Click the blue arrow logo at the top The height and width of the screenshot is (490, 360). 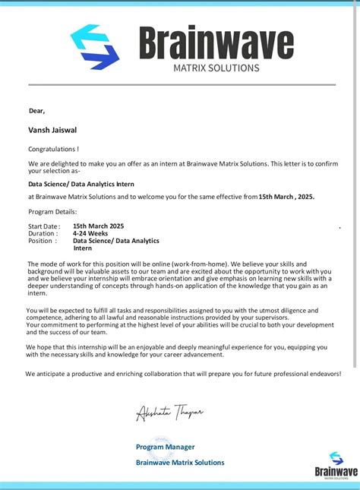[x=95, y=46]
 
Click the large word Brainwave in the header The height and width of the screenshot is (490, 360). [x=216, y=43]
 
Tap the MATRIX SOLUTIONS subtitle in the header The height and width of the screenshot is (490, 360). [x=216, y=68]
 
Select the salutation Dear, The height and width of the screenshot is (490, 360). [x=37, y=111]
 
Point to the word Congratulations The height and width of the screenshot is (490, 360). [x=52, y=149]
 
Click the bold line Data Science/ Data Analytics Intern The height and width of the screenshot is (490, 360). [x=76, y=184]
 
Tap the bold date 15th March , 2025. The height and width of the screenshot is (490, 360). [x=286, y=197]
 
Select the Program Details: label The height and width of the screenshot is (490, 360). [x=52, y=211]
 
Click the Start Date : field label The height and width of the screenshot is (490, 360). [x=44, y=226]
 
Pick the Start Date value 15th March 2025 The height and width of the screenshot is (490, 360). [x=98, y=226]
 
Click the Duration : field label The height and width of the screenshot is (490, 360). [x=43, y=233]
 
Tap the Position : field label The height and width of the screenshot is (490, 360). [x=43, y=241]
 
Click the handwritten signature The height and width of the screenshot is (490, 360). [x=169, y=412]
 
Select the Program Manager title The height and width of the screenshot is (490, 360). [x=165, y=447]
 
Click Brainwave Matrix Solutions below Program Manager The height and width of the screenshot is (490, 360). [x=180, y=462]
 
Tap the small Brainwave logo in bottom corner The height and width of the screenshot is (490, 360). [x=336, y=464]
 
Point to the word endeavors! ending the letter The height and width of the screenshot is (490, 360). [x=321, y=374]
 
